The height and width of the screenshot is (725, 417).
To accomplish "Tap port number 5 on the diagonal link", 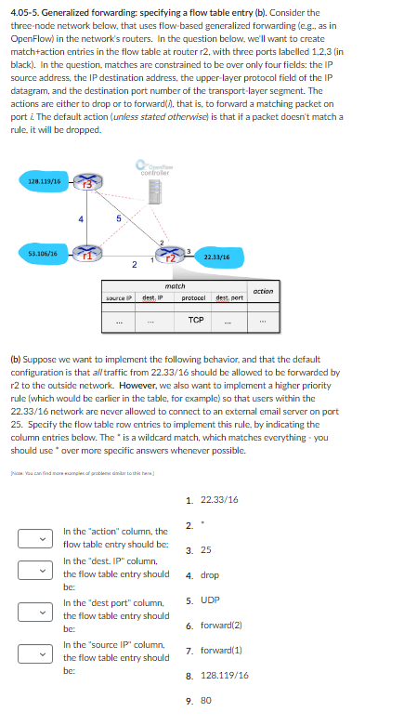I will pos(118,219).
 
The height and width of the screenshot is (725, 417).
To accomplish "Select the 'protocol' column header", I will pos(194,299).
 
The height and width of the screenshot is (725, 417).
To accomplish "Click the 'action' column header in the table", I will pos(263,291).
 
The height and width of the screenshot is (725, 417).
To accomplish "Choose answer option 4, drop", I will pos(210,575).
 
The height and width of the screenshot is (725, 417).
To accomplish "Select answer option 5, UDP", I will pos(209,600).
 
